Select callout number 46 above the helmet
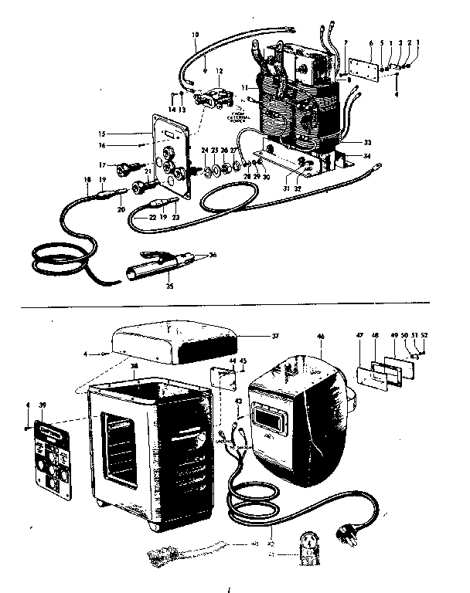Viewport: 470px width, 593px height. [322, 337]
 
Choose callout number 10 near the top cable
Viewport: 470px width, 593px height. [194, 34]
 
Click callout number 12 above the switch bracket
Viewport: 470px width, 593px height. [220, 70]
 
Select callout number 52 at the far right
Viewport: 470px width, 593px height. [424, 335]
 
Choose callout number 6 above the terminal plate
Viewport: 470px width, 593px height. [370, 44]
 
